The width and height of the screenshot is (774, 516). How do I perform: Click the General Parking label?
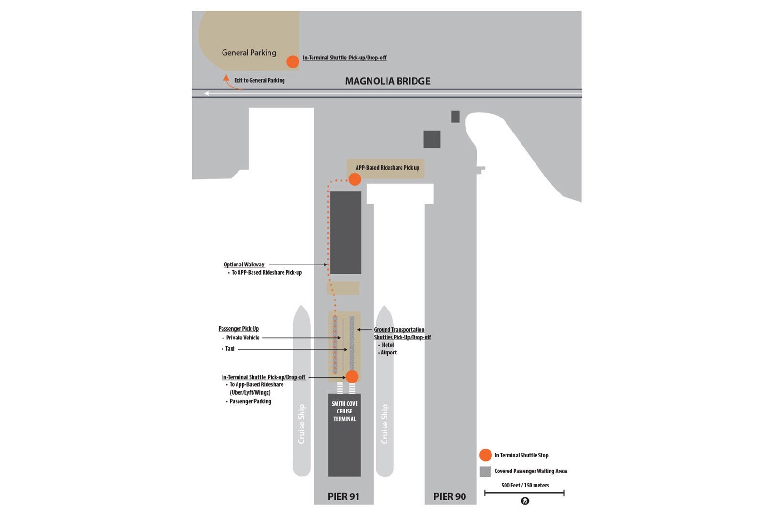coord(249,53)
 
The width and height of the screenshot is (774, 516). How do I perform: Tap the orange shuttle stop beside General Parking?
coord(293,61)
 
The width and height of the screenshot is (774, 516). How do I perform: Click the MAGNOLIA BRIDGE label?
coord(387,81)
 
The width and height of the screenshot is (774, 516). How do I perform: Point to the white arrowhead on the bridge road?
coord(207,93)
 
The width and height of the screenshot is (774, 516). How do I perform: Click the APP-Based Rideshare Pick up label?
coord(387,168)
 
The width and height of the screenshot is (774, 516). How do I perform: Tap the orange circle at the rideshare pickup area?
coord(355,179)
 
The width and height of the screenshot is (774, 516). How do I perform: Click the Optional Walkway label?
coord(244,265)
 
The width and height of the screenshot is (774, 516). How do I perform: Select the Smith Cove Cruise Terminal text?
coord(344,411)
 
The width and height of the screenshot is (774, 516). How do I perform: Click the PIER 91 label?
coord(343,496)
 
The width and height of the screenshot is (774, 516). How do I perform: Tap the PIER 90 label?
coord(449,496)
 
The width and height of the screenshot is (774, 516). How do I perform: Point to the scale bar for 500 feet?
coord(524,493)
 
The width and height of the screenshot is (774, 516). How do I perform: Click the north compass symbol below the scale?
coord(525,501)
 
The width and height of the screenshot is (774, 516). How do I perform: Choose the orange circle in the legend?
coord(485,455)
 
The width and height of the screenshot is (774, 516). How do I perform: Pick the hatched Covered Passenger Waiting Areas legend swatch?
coord(485,472)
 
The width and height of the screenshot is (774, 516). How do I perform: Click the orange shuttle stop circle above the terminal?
coord(352,377)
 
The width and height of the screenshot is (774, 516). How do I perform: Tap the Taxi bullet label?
coord(229,349)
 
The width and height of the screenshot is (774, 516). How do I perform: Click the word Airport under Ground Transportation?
coord(388,353)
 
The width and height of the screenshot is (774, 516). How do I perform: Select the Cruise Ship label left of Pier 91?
coord(301,424)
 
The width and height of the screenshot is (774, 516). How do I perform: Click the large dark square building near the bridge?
coord(432,139)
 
